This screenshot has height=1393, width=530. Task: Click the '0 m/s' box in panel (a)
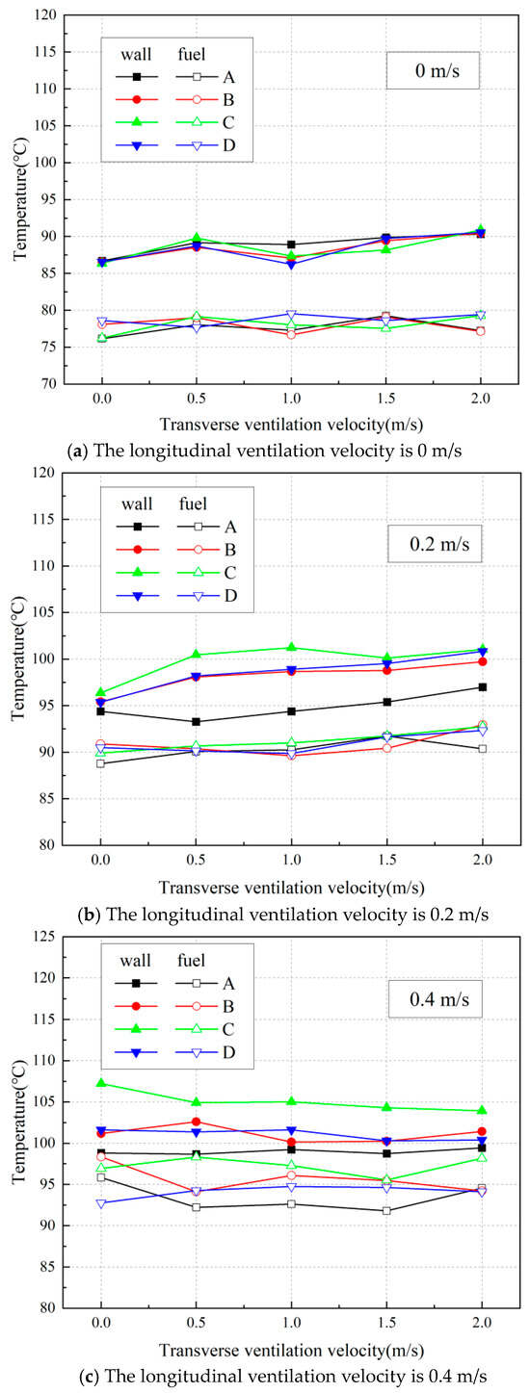point(433,71)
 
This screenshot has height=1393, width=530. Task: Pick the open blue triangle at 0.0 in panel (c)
point(100,1203)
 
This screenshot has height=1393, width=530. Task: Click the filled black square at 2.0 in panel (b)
point(482,686)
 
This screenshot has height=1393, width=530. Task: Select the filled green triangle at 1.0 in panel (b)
point(291,647)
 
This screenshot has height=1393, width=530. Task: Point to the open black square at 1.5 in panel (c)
point(386,1210)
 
